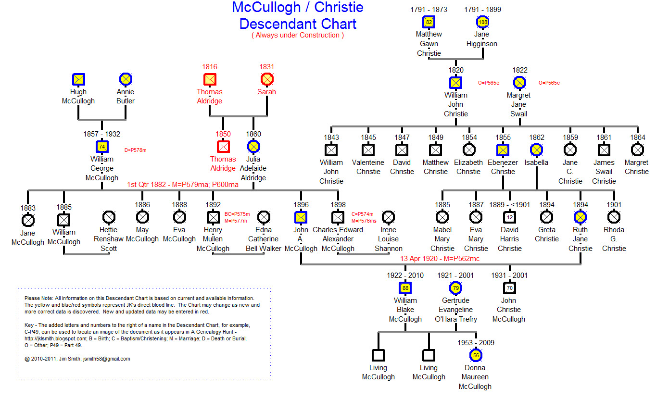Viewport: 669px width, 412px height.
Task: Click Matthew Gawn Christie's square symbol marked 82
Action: [429, 22]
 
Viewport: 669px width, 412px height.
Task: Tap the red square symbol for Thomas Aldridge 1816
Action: [210, 79]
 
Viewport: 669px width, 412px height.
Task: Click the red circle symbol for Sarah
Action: [267, 79]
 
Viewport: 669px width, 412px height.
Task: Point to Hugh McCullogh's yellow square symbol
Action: [78, 79]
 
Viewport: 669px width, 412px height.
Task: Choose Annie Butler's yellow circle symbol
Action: [126, 79]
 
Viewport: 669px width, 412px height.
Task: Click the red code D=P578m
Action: [135, 150]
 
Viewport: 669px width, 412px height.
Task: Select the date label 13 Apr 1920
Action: [418, 259]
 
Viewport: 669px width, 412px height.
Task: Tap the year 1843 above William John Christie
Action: [331, 137]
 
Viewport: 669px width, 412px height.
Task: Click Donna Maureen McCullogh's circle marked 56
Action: [476, 355]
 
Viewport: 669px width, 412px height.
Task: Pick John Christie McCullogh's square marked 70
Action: [509, 288]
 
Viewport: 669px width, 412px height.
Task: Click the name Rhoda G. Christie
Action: [614, 239]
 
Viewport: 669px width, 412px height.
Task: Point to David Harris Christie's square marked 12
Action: [509, 217]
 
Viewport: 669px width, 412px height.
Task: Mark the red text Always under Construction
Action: [297, 35]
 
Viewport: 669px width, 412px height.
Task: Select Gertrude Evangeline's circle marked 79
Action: [455, 288]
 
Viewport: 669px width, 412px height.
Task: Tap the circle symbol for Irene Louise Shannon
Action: [388, 217]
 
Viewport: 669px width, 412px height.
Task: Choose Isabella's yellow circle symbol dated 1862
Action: [536, 150]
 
